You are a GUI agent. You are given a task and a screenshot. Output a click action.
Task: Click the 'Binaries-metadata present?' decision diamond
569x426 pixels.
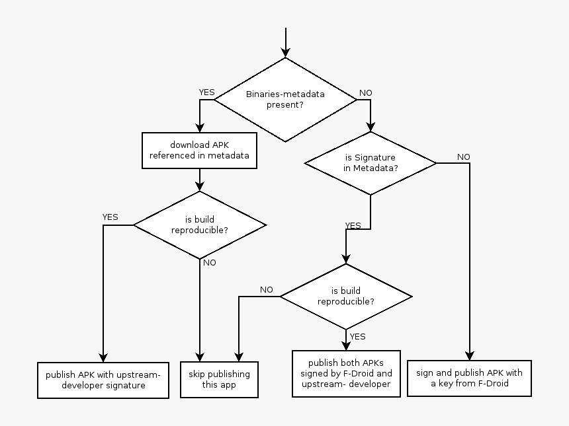coord(285,99)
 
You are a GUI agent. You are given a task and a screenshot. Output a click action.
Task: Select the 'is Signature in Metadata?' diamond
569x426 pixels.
coord(371,163)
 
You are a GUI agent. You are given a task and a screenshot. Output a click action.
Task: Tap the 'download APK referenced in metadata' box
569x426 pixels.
coord(199,151)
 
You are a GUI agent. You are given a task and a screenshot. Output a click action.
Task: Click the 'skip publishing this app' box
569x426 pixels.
coord(219,379)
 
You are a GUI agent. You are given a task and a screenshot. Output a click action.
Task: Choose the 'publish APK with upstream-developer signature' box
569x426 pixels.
coord(103,380)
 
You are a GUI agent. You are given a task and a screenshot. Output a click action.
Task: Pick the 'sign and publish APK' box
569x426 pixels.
coord(469,378)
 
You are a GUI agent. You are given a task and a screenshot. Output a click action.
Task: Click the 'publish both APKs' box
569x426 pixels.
coord(346,373)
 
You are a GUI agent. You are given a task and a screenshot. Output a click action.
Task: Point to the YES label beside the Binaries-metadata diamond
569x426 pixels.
coord(207,92)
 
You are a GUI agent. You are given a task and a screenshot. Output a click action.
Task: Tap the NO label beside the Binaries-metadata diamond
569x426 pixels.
coord(365,92)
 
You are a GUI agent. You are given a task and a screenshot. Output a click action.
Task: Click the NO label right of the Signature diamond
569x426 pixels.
coord(463,157)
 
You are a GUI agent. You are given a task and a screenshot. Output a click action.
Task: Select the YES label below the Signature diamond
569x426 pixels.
coord(353,225)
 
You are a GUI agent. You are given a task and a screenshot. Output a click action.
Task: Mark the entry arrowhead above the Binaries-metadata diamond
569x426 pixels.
coord(285,52)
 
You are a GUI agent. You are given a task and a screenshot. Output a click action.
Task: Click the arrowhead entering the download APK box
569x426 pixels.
coord(199,128)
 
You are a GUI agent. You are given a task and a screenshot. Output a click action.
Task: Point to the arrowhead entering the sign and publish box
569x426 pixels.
coord(470,355)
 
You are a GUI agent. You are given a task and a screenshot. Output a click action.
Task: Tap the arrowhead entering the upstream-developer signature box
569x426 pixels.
coord(103,357)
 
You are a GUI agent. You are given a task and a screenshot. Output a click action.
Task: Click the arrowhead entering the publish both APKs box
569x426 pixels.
coord(346,345)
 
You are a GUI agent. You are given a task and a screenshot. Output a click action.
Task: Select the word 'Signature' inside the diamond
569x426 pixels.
coord(375,158)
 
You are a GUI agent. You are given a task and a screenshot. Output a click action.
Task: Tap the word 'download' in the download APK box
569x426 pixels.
coord(189,145)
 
